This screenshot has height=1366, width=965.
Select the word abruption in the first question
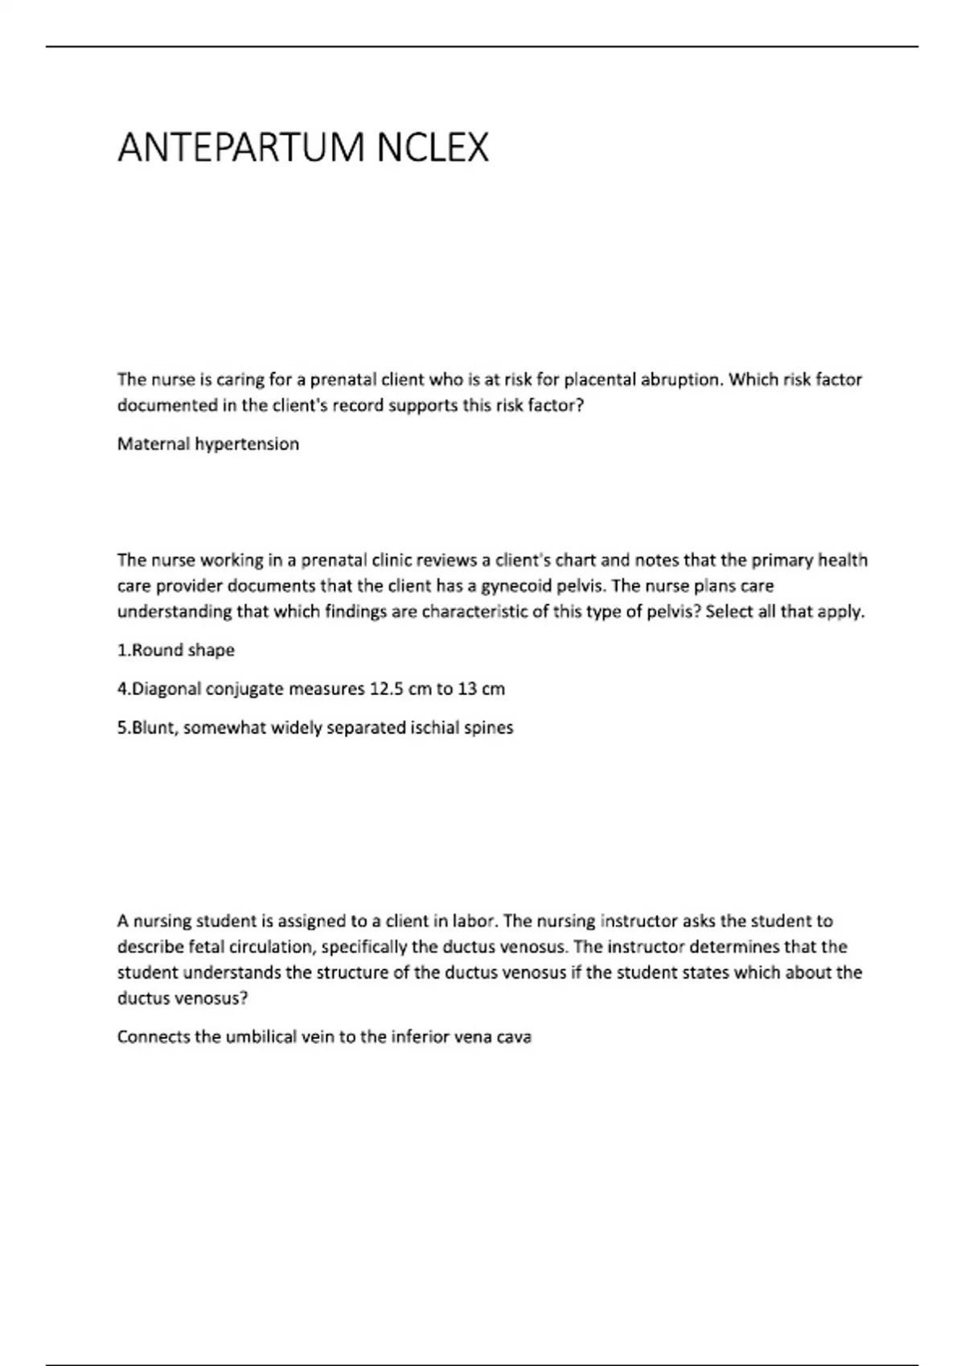click(682, 379)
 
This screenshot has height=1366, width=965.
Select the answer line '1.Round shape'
click(176, 650)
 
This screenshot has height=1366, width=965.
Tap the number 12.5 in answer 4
click(386, 689)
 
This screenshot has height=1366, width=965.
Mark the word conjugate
click(244, 689)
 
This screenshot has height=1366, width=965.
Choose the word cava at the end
click(514, 1037)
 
